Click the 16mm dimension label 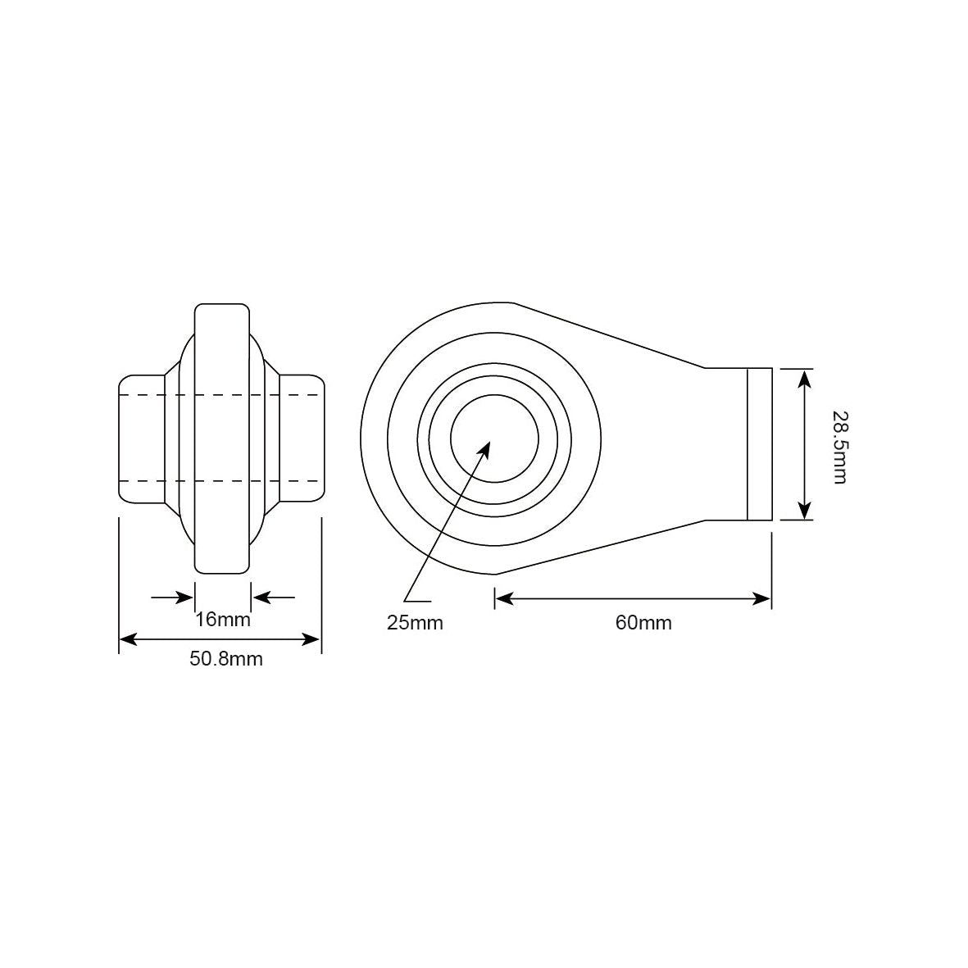(223, 619)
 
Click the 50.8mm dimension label (226, 659)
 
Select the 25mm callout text (415, 622)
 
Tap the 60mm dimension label (643, 622)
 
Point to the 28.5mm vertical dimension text (839, 448)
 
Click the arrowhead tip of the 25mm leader (490, 442)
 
